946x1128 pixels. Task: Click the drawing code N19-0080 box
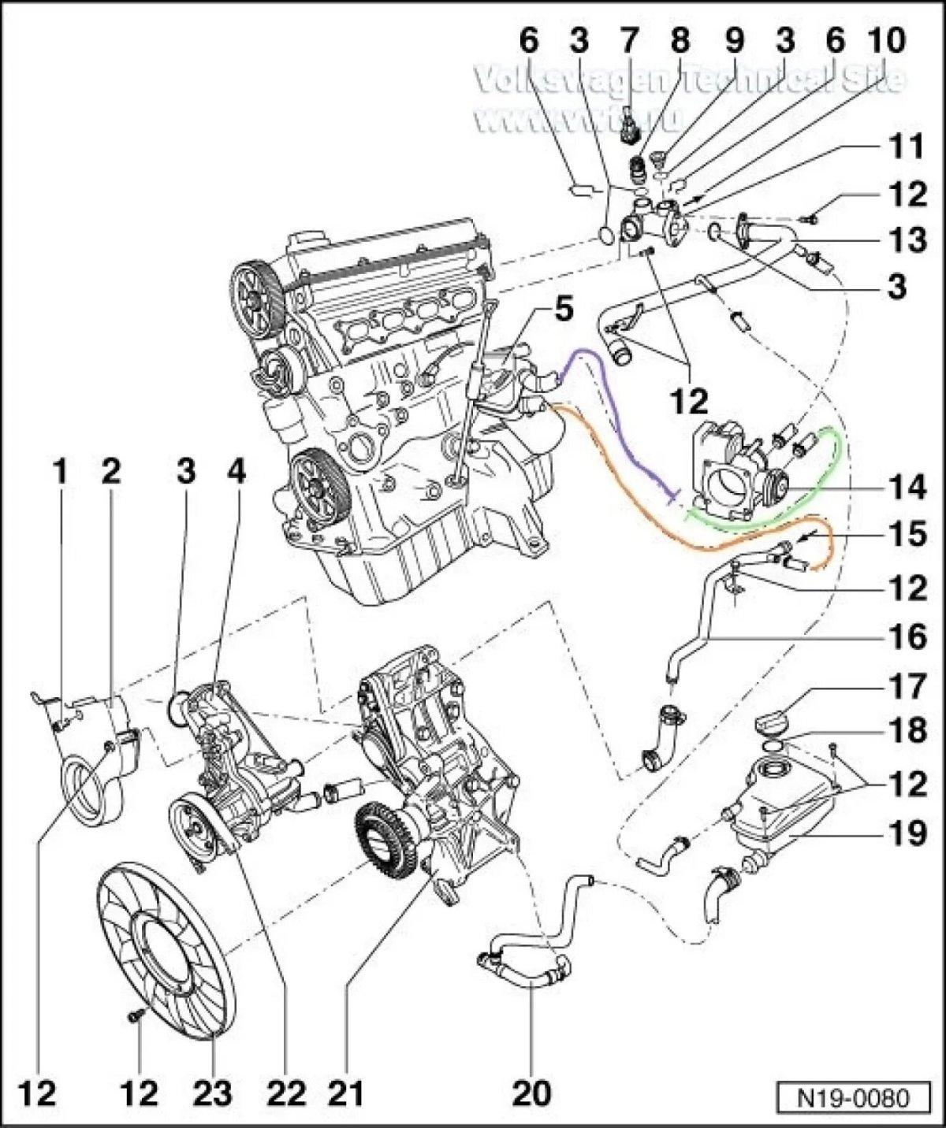(855, 1097)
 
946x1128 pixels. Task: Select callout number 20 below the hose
(531, 1093)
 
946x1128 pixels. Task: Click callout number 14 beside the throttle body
(907, 488)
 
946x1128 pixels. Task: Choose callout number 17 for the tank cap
(906, 687)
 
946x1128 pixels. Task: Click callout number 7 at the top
(628, 39)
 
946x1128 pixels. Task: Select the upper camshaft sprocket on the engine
(257, 297)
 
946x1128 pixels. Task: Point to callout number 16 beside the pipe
(906, 636)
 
